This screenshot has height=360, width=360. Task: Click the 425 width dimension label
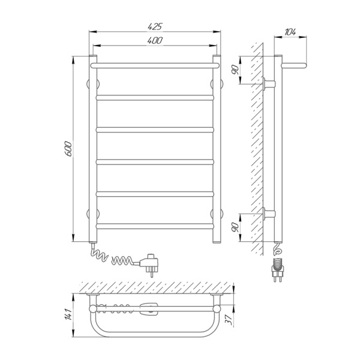155,26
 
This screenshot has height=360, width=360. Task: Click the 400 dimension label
155,40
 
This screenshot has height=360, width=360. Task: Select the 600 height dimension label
68,149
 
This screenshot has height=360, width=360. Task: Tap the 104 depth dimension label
290,32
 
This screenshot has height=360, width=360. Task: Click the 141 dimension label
68,314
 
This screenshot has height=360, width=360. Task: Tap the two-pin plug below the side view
277,270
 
